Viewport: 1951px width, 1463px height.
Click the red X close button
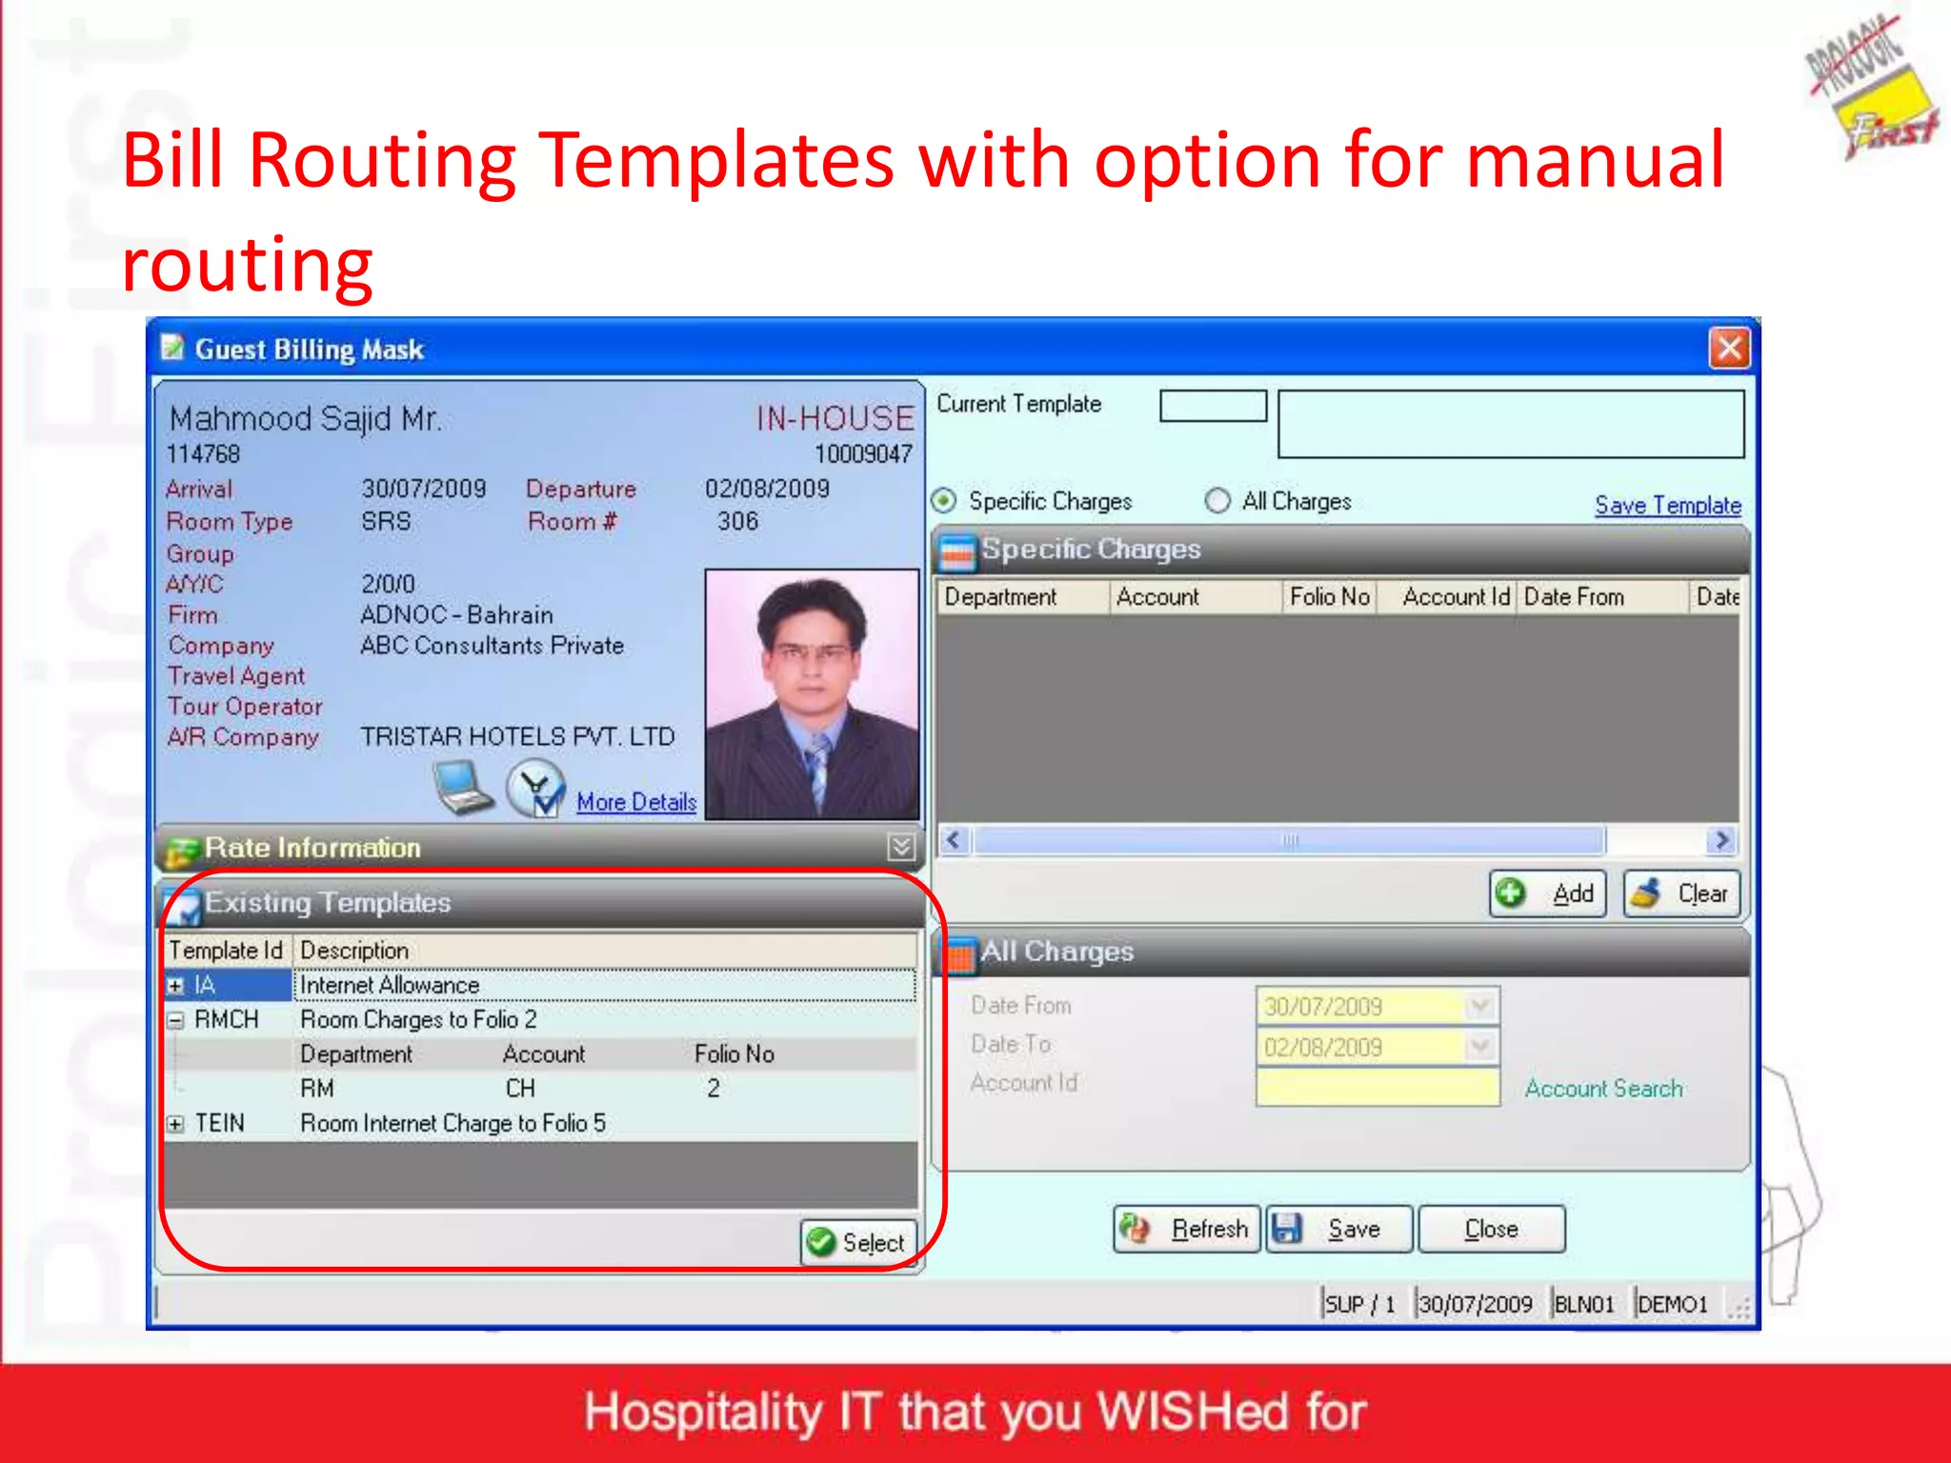pos(1729,348)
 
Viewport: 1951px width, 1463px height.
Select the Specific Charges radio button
pos(944,501)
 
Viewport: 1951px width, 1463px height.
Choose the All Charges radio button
pos(1217,501)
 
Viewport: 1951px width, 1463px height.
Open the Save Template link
pos(1667,506)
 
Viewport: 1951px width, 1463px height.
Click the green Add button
pos(1547,893)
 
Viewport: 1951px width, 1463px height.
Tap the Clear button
pos(1681,893)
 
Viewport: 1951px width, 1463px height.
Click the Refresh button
pos(1187,1229)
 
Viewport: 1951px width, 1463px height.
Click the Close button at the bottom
pos(1491,1229)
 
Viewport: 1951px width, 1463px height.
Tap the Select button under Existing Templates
pos(857,1242)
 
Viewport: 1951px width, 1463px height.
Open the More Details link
pos(636,802)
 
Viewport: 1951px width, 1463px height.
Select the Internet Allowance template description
pos(390,985)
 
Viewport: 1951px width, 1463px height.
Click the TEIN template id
pos(220,1124)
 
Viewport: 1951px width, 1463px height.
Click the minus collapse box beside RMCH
pos(175,1020)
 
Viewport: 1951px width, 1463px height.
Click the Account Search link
pos(1603,1088)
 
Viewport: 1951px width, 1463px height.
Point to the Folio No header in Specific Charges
pos(1329,597)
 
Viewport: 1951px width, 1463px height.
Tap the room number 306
pos(738,522)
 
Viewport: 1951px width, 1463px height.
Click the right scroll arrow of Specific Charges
pos(1721,840)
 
